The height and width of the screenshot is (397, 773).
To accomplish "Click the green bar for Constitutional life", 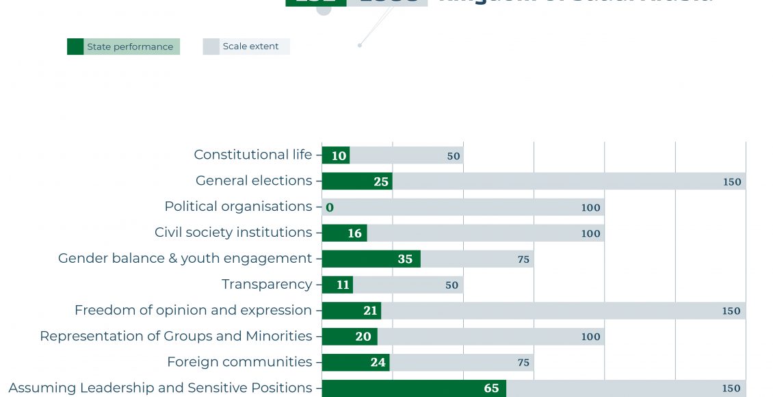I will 336,155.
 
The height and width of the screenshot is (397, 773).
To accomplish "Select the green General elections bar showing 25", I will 357,181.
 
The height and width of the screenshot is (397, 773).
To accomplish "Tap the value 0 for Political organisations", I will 330,207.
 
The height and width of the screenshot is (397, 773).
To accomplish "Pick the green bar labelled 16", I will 345,233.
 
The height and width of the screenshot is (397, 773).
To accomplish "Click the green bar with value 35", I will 371,259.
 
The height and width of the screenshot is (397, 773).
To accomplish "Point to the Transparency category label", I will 267,284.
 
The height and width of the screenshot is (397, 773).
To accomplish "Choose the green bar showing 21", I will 352,311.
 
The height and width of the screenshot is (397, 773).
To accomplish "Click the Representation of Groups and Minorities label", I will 176,336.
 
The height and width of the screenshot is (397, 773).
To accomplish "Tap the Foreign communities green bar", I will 356,362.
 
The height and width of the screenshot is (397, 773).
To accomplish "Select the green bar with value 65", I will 414,388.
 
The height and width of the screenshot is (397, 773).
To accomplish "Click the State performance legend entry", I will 123,47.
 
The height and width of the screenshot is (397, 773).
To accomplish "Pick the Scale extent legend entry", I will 246,47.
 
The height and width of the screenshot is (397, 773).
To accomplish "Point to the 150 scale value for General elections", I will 731,182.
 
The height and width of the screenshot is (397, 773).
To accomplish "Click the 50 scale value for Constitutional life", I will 454,156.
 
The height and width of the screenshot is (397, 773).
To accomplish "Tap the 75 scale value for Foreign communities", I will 523,363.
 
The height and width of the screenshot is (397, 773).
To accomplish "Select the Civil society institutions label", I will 233,233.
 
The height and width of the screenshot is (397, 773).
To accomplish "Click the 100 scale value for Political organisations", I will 590,208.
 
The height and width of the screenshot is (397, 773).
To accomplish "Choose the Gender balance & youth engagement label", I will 185,259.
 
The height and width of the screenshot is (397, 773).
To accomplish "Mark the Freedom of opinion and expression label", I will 193,311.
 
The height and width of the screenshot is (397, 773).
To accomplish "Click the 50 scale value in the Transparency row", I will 451,285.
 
